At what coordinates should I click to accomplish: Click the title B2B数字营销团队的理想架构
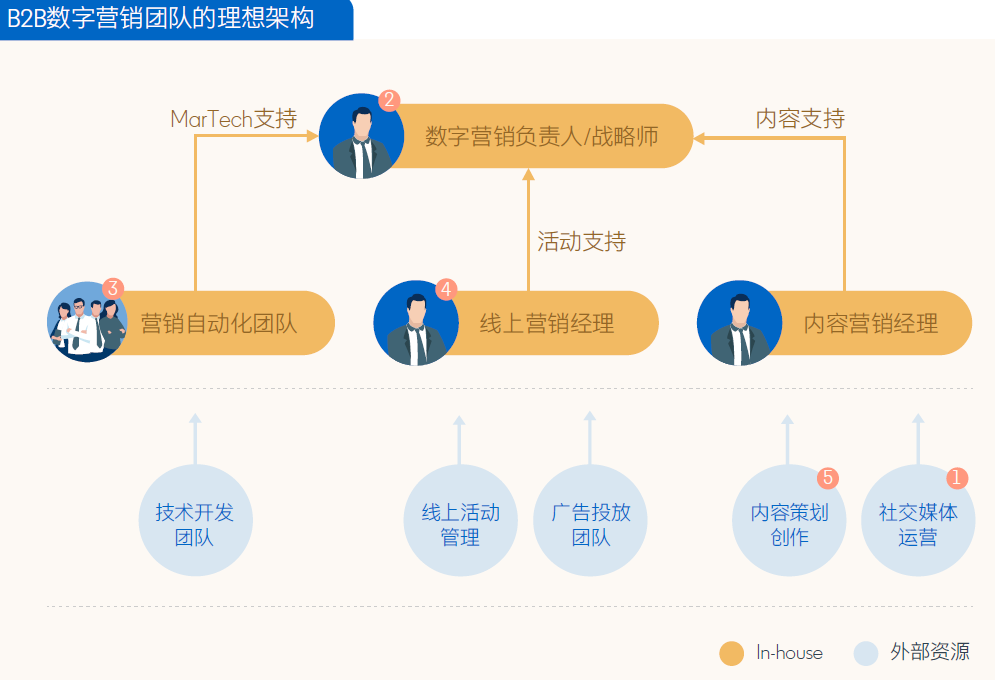pyautogui.click(x=161, y=18)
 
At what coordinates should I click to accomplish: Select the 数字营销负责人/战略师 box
pyautogui.click(x=541, y=136)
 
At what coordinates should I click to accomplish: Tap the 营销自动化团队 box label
pyautogui.click(x=219, y=323)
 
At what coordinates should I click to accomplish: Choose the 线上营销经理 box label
pyautogui.click(x=546, y=323)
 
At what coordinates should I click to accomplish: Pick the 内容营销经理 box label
pyautogui.click(x=870, y=323)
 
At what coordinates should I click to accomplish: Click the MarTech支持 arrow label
pyautogui.click(x=234, y=119)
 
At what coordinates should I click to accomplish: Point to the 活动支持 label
pyautogui.click(x=581, y=241)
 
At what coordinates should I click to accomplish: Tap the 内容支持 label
pyautogui.click(x=800, y=119)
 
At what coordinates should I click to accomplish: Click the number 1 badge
pyautogui.click(x=957, y=478)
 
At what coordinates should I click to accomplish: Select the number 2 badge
pyautogui.click(x=390, y=101)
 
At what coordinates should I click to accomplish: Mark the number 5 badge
pyautogui.click(x=828, y=478)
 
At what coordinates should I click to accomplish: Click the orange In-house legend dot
pyautogui.click(x=732, y=653)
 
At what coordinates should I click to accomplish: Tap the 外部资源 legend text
pyautogui.click(x=929, y=653)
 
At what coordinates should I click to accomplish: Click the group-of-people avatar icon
pyautogui.click(x=87, y=324)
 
